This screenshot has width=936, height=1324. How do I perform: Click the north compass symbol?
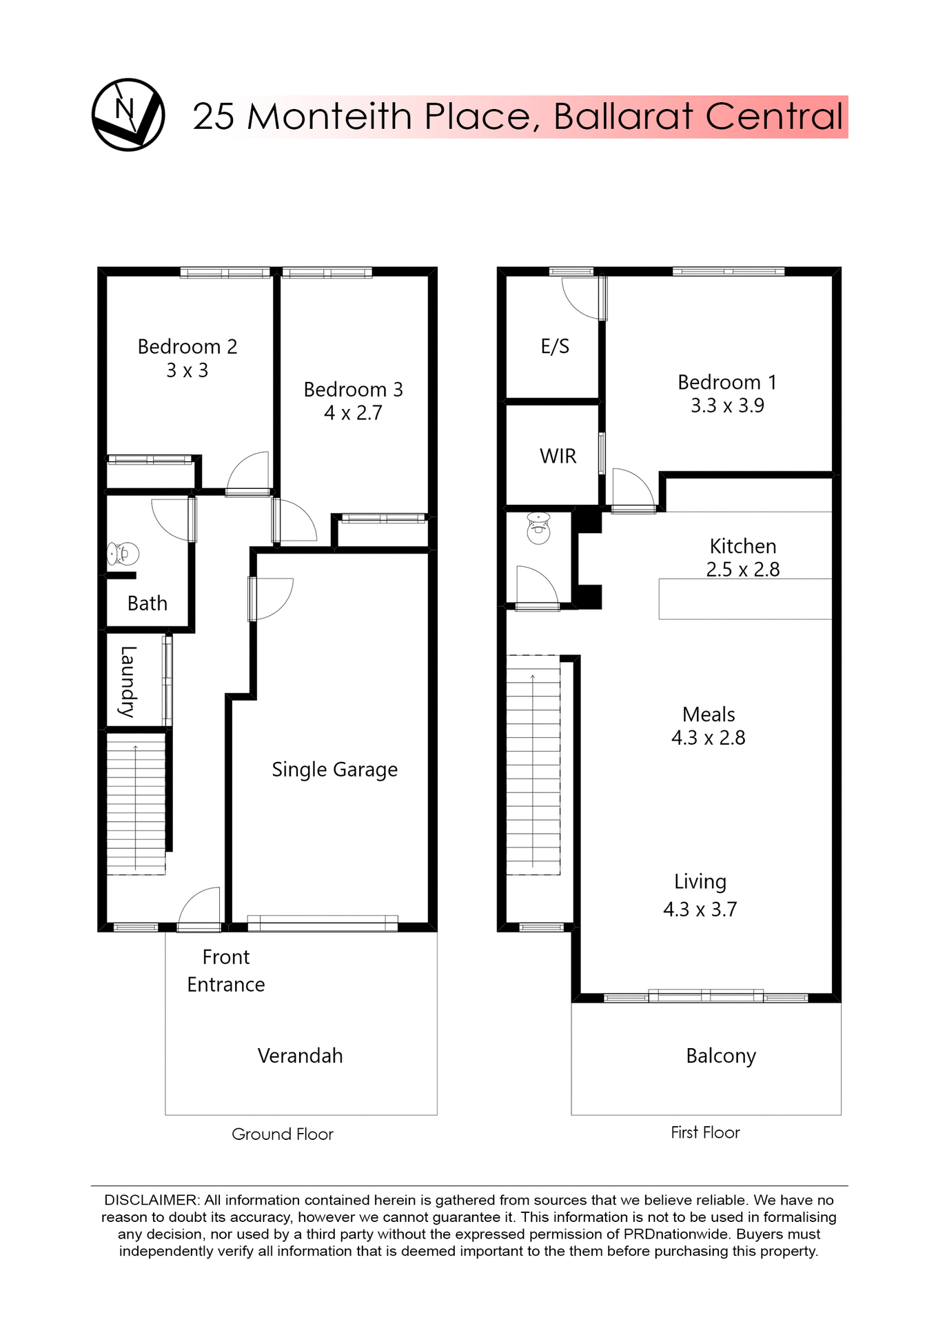point(128,114)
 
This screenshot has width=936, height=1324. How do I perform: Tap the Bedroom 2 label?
point(187,346)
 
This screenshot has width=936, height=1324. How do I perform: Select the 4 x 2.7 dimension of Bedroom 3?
point(353,413)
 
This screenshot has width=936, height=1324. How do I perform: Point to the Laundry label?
point(128,681)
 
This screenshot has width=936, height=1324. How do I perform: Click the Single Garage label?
point(334,769)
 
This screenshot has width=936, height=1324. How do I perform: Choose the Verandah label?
point(300,1056)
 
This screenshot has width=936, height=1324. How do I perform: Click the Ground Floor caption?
point(282,1134)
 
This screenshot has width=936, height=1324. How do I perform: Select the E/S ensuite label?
point(555,346)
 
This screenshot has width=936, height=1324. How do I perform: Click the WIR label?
point(558,456)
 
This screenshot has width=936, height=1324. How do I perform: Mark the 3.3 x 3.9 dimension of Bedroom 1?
point(727,405)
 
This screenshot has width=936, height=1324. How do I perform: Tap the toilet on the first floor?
point(538,528)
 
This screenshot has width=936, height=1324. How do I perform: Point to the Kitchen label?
point(743,546)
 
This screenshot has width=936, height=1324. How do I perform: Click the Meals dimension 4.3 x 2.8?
point(708,738)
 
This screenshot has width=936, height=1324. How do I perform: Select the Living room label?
point(700,881)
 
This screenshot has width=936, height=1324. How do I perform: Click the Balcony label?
point(721,1056)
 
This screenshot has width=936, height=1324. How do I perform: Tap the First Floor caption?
point(705,1132)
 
